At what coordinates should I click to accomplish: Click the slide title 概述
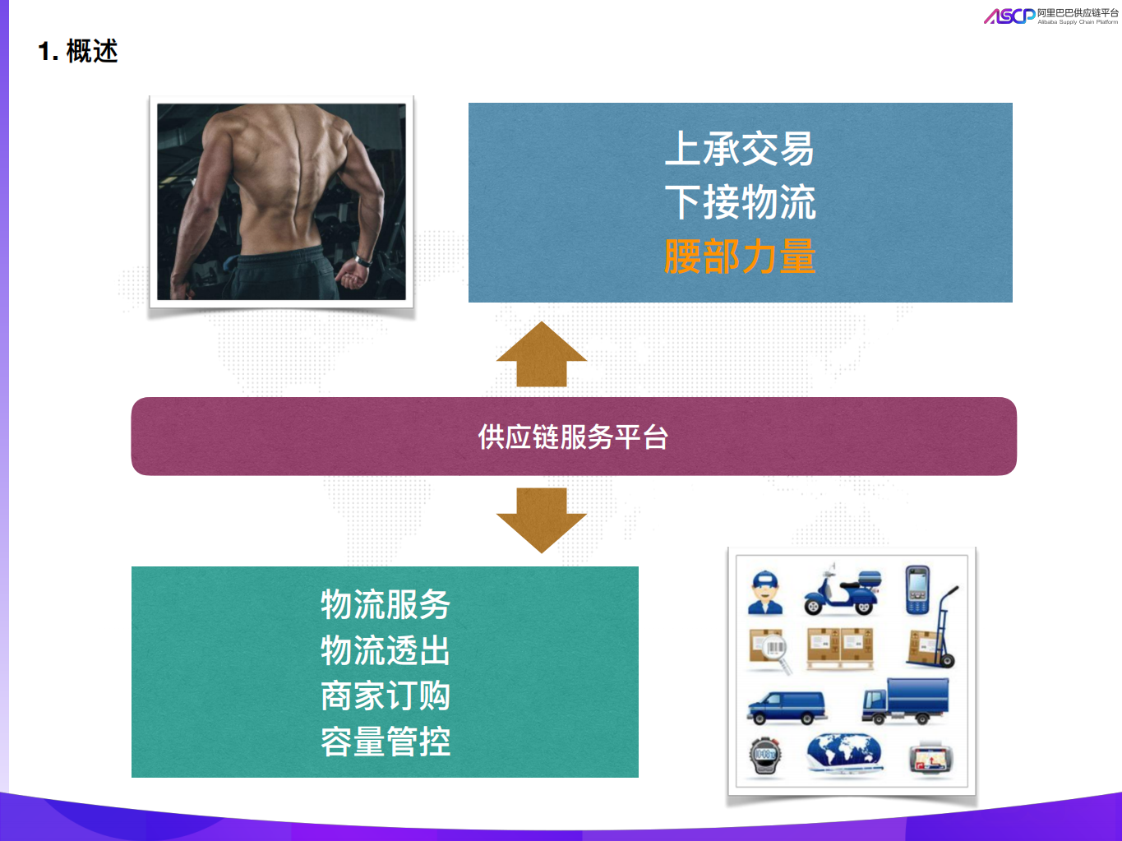click(x=91, y=52)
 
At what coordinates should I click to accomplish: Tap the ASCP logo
click(x=1009, y=16)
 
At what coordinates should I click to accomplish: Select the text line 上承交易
click(x=739, y=150)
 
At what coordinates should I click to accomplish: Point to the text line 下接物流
click(x=740, y=203)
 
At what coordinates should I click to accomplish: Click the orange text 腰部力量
click(x=740, y=256)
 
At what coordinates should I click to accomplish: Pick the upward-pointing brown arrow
click(x=541, y=354)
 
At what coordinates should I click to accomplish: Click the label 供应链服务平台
click(x=573, y=437)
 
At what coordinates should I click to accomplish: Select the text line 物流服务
click(x=385, y=605)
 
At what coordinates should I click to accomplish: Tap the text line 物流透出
click(x=385, y=651)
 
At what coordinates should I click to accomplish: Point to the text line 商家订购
click(x=385, y=696)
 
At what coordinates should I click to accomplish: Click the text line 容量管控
click(x=385, y=742)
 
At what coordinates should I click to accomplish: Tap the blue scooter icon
click(x=841, y=591)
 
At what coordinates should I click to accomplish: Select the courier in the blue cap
click(x=765, y=593)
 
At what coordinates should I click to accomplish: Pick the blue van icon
click(x=787, y=706)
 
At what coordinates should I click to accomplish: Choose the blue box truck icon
click(x=906, y=700)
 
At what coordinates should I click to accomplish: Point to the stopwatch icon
click(x=765, y=756)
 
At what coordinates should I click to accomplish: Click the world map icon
click(x=843, y=753)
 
